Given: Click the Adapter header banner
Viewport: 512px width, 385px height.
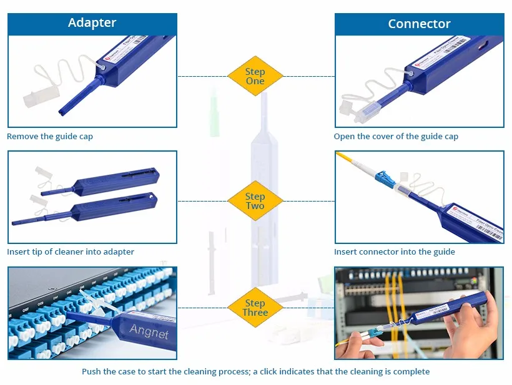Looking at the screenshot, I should [x=92, y=23].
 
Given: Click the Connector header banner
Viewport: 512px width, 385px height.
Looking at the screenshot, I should [x=419, y=24].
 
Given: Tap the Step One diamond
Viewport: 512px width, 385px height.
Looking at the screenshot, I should [x=255, y=76].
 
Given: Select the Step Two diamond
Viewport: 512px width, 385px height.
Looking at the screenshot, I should [x=255, y=201].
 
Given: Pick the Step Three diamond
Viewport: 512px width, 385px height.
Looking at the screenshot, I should [x=255, y=308].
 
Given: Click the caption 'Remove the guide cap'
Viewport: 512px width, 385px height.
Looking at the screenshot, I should [x=50, y=136].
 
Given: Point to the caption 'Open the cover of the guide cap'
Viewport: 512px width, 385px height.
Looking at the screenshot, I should [x=396, y=136].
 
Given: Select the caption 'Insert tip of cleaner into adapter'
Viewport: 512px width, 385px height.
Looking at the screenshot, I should [x=71, y=252].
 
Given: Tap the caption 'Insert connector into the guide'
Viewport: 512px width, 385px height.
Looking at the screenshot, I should [x=394, y=252].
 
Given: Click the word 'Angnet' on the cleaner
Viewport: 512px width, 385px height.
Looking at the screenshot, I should [x=149, y=331].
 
